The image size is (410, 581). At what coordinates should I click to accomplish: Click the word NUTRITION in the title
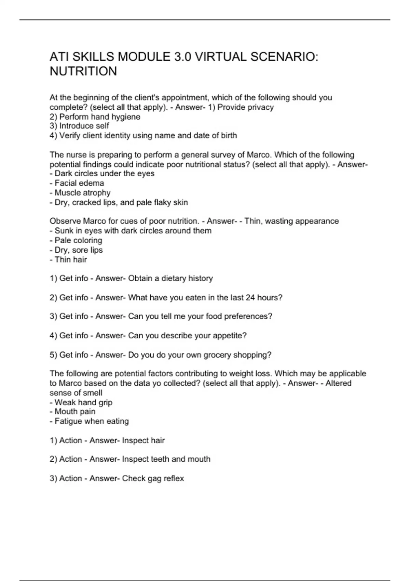(83, 71)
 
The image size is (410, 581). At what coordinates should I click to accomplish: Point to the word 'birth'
(229, 136)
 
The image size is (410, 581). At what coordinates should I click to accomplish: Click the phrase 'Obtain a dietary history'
(170, 279)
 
